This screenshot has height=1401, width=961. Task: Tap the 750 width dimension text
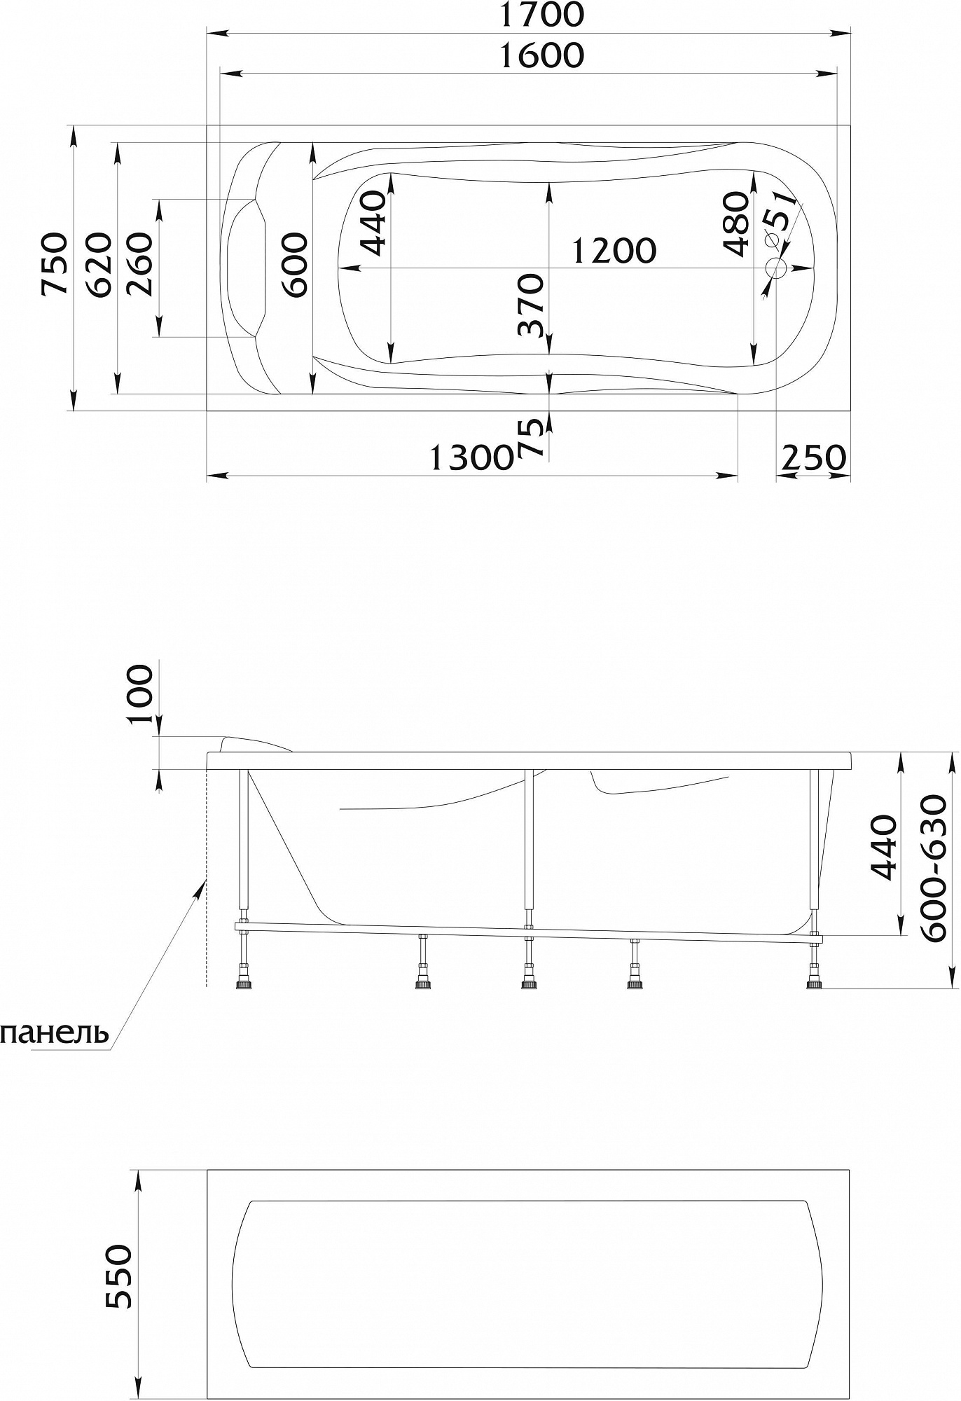click(x=55, y=264)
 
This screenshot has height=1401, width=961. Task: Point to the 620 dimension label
click(x=97, y=264)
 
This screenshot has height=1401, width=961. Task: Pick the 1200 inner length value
click(x=614, y=250)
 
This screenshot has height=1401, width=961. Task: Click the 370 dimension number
click(x=530, y=305)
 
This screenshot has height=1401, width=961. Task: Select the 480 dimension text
click(x=736, y=223)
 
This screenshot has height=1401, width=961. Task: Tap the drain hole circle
click(x=776, y=268)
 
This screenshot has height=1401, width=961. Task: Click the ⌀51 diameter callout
click(x=781, y=218)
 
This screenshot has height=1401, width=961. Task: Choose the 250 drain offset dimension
click(x=813, y=458)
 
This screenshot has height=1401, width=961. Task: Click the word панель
click(x=55, y=1032)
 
